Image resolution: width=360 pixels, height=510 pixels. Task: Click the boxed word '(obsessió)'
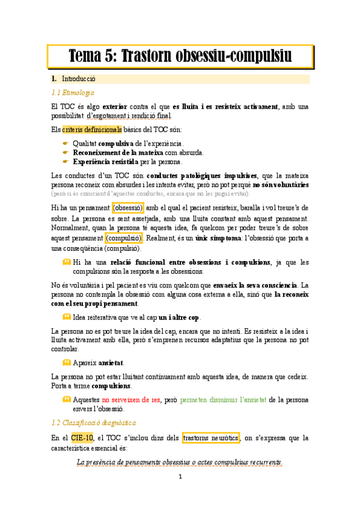point(127,207)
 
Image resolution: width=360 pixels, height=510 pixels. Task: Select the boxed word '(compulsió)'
point(123,238)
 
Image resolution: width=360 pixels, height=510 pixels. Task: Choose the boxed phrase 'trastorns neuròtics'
point(210,438)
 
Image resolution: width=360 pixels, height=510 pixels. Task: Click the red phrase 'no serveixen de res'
point(131,399)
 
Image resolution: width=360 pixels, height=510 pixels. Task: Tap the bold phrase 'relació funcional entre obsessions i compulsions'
point(191,262)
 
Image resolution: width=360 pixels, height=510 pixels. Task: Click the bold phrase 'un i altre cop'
point(180,317)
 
